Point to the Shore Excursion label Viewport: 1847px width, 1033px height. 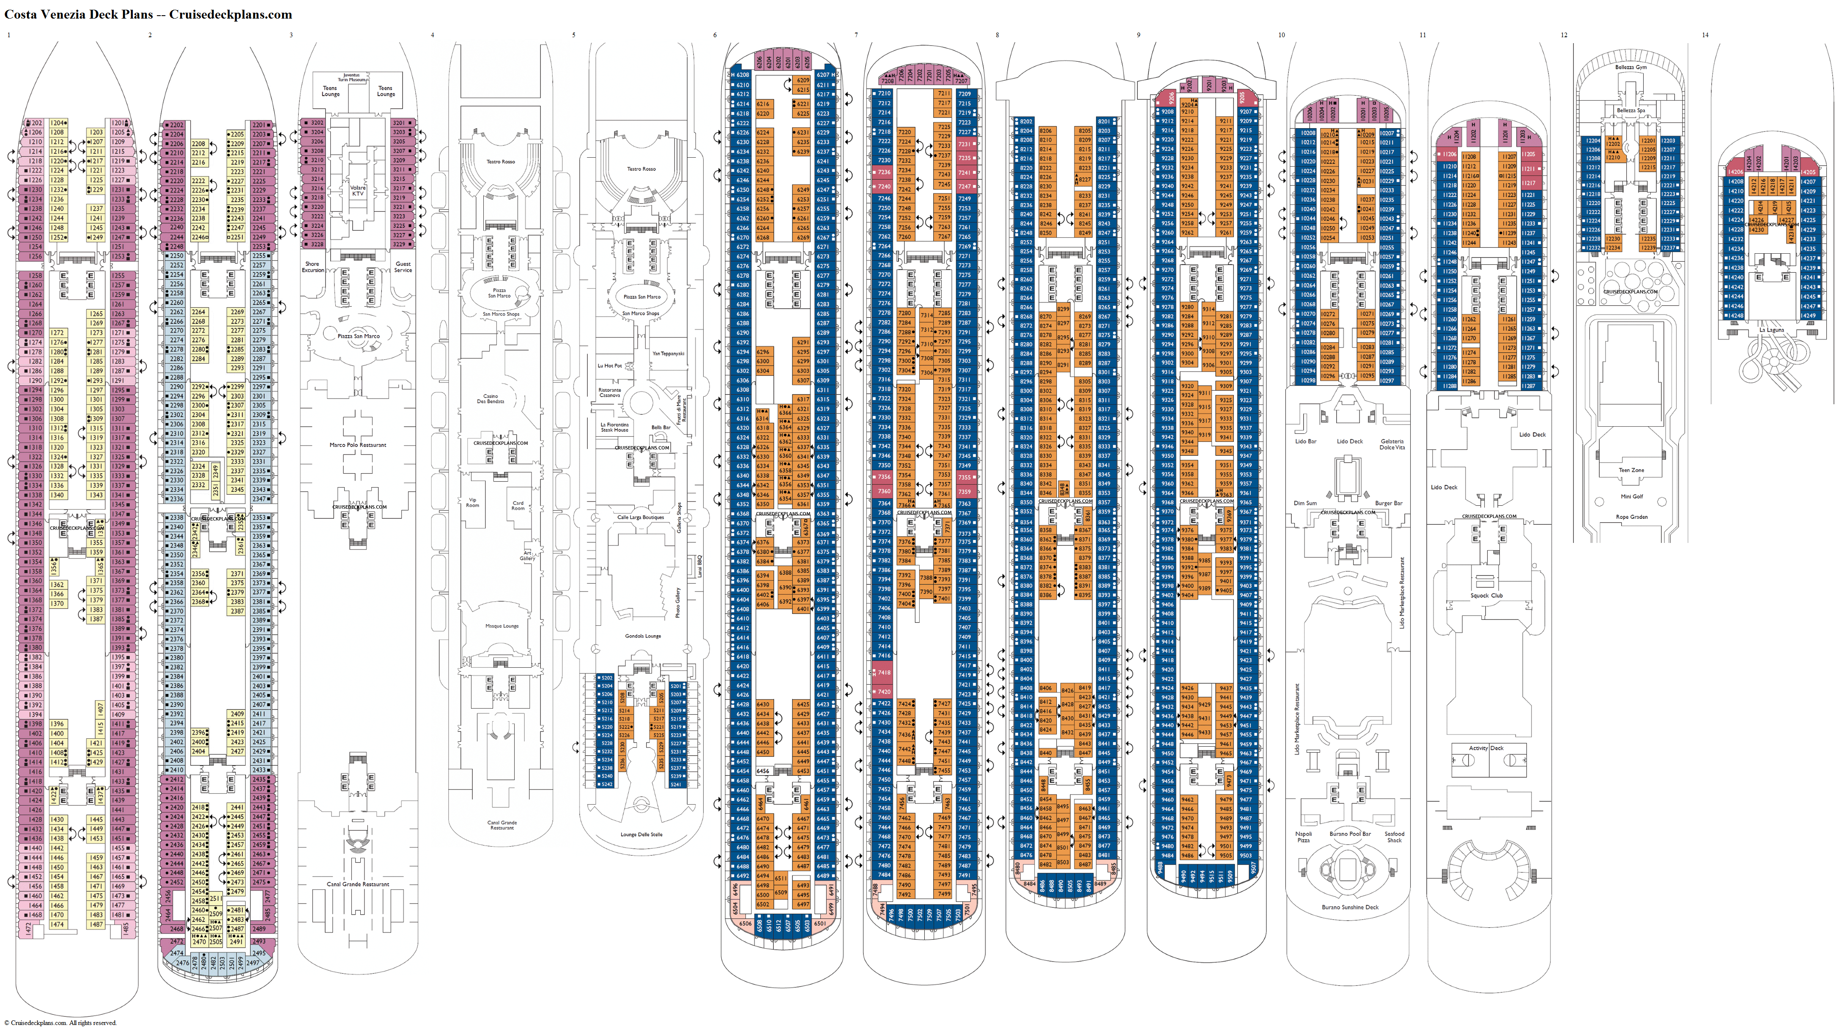pos(312,267)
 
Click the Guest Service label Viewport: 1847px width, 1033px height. pos(403,267)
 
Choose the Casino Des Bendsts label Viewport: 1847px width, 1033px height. pos(491,399)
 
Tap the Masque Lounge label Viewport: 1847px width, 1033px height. pos(502,626)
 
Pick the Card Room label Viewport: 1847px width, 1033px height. pos(518,505)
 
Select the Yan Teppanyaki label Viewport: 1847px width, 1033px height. pos(668,353)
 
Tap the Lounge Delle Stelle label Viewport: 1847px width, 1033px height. pos(641,834)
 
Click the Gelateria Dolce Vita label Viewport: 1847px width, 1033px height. pos(1392,444)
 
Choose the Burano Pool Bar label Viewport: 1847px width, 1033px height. pos(1350,834)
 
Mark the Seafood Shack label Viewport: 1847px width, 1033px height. pos(1394,836)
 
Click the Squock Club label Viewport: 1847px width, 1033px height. pos(1486,596)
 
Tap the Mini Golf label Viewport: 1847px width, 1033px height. pos(1631,496)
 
